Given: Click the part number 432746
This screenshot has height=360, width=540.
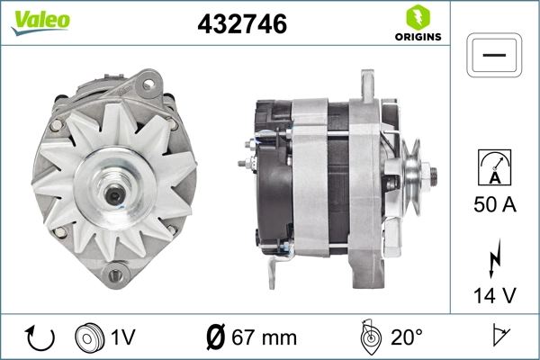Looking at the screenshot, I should point(241,25).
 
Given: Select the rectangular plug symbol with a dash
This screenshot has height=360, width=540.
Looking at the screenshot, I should point(494,55).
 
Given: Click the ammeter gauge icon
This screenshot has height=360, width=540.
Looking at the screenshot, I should point(494,166).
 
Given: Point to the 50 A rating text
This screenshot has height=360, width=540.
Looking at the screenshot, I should point(494,205).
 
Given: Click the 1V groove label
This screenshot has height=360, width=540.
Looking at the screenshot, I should point(122,338).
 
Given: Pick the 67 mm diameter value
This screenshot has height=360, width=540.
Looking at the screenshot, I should point(264,338).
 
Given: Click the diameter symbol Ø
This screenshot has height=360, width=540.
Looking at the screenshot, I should point(217,338).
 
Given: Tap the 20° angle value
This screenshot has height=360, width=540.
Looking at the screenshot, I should point(407,338).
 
